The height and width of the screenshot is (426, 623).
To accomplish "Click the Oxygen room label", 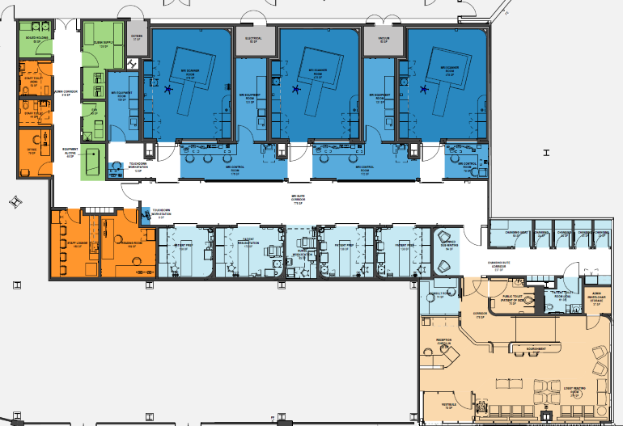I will [x=137, y=37].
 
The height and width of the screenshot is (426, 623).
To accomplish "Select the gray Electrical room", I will [x=252, y=40].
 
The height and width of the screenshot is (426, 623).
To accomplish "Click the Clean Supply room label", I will [x=101, y=45].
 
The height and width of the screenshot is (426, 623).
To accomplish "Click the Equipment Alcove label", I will [x=71, y=154].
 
